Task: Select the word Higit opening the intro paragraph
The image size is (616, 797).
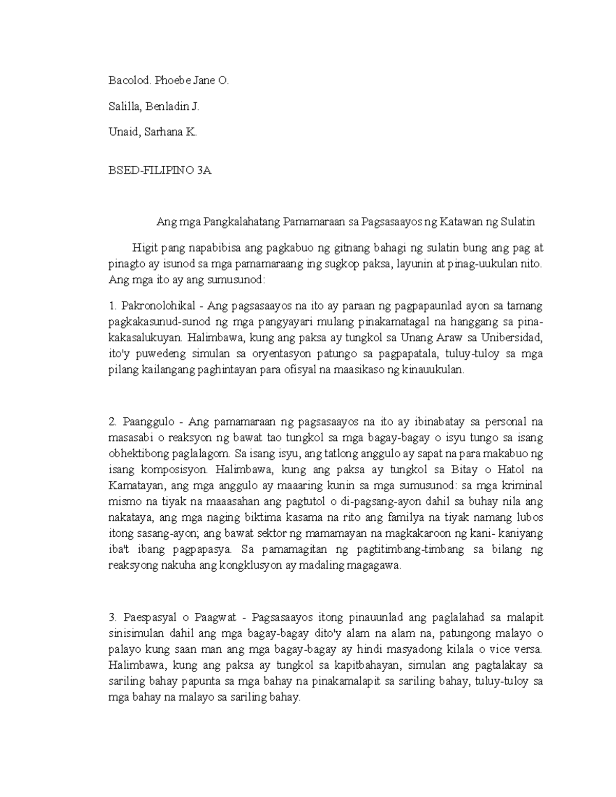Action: [144, 248]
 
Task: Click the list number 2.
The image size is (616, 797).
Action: [113, 422]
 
